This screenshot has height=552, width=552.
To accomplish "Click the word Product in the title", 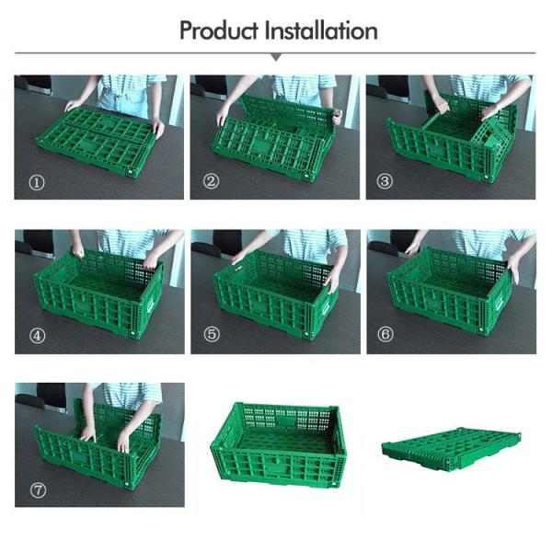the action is [219, 30].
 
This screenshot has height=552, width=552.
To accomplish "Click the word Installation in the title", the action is [321, 30].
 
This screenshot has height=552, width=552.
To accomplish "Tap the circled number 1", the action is [37, 182].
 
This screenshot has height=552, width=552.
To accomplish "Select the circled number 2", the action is [212, 181].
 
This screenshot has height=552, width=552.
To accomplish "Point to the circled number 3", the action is [385, 181].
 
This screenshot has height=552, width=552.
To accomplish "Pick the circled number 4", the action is [38, 336].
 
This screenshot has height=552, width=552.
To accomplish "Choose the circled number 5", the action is [212, 334].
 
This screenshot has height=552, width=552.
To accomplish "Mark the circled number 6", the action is [385, 334].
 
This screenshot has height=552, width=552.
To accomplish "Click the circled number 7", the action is [38, 490].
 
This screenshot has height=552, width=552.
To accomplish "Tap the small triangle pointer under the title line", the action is [276, 57].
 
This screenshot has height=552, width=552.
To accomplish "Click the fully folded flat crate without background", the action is [451, 447].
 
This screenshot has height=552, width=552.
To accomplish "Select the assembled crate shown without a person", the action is [278, 444].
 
